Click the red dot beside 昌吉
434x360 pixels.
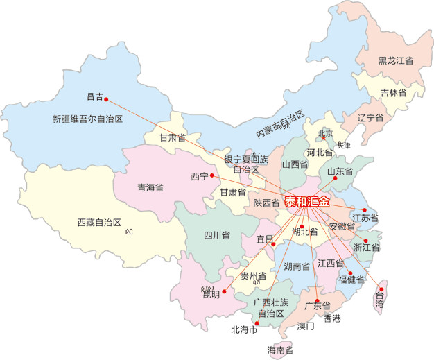coord(106,99)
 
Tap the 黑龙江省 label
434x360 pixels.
coord(396,61)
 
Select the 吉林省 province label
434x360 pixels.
coord(392,92)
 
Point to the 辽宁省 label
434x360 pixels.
coord(370,117)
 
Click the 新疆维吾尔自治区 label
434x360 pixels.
coord(87,119)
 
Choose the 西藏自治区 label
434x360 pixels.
coord(99,223)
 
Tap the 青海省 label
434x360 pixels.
coord(150,187)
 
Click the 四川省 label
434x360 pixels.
coord(217,234)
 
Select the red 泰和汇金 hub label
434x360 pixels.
coord(307,201)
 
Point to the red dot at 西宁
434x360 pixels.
coord(212,175)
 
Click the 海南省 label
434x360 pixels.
coord(280,350)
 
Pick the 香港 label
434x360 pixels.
coord(332,318)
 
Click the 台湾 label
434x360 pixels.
coord(379,300)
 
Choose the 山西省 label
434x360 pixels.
coord(294,164)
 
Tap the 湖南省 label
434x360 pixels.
coord(297,266)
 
